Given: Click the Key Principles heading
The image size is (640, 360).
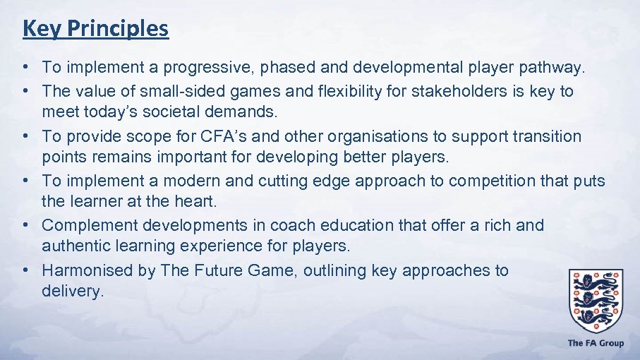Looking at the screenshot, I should point(95,28).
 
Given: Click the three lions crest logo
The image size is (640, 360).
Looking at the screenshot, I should point(596,299).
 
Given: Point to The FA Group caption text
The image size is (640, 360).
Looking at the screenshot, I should point(596,343).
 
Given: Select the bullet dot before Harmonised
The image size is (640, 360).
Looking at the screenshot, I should point(24,270).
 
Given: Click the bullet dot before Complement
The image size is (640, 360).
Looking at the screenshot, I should point(24,225).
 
